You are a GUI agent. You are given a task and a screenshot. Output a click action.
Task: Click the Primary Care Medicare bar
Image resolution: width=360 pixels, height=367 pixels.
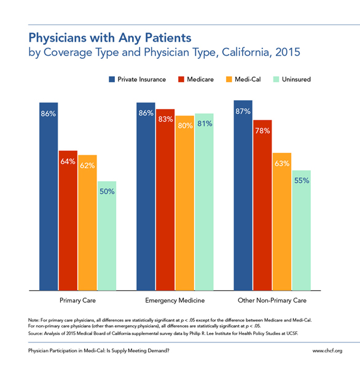(x=68, y=220)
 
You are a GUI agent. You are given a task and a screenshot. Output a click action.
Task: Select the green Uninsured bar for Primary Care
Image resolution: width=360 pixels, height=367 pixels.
(x=107, y=236)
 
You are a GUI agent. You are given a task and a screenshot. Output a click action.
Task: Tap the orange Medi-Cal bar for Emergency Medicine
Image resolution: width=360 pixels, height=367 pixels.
(x=185, y=203)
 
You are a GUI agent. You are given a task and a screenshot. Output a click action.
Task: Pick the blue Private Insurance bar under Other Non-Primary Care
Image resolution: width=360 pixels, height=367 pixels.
(x=243, y=195)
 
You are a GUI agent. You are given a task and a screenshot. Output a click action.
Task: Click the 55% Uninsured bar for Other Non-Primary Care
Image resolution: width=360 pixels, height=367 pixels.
(x=302, y=230)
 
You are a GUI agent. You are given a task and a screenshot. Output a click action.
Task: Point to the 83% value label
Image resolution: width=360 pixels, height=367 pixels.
(x=166, y=120)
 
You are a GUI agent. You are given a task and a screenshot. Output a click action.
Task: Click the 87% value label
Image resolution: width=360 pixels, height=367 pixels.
(x=243, y=111)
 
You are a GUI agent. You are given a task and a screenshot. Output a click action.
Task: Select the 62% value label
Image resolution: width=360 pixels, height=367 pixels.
(x=87, y=166)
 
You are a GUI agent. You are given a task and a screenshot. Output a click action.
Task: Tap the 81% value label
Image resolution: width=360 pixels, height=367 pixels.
(x=205, y=123)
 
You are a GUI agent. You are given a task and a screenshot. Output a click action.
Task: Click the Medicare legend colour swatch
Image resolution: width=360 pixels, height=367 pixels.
(x=181, y=79)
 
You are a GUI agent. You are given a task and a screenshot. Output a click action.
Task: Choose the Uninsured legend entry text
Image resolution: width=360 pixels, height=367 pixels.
(x=296, y=79)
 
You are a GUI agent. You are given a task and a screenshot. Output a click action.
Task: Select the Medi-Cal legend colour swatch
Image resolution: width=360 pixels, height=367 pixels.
(x=229, y=79)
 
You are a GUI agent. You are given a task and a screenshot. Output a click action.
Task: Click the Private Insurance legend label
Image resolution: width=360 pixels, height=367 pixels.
(x=141, y=79)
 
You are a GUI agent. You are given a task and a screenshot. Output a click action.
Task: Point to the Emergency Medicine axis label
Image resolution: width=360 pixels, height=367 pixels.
(x=174, y=300)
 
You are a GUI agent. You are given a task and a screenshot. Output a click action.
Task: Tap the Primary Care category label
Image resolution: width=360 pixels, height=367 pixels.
(x=77, y=300)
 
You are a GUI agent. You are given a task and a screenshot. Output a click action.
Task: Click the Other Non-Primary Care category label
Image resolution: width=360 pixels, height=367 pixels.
(x=272, y=300)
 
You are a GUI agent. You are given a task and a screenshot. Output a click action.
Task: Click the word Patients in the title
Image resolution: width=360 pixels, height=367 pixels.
(x=168, y=37)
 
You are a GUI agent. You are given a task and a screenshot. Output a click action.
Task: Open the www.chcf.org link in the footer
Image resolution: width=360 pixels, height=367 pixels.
(x=327, y=350)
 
